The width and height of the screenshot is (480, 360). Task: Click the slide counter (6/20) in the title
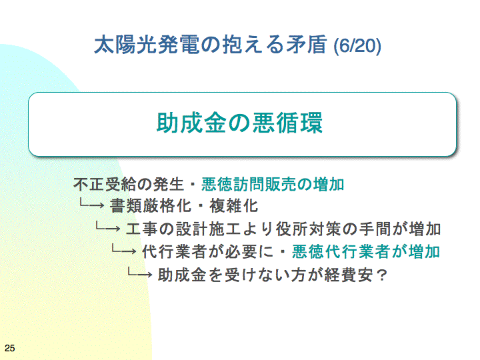(x=357, y=46)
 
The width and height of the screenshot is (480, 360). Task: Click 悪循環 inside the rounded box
(x=287, y=123)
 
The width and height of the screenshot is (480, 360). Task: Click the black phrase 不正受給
(x=105, y=184)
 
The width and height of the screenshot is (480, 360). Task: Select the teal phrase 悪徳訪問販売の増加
(x=273, y=184)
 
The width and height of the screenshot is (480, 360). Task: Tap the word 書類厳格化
(x=151, y=206)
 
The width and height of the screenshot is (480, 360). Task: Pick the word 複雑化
(x=234, y=206)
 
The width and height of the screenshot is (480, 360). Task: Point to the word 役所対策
(x=309, y=229)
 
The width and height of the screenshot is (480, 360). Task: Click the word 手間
(x=375, y=229)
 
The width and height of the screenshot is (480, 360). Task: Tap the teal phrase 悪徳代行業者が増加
(x=366, y=251)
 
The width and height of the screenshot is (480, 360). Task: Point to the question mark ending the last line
(x=382, y=275)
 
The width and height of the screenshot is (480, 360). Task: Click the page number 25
(x=10, y=348)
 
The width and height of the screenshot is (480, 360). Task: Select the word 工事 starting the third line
(x=142, y=229)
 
